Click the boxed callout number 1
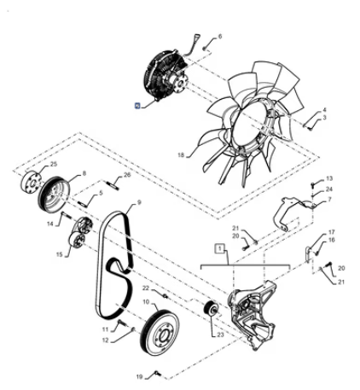point(219,248)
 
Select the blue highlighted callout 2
point(137,106)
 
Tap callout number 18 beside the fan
point(181,155)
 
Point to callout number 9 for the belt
point(139,202)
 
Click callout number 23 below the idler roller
point(221,335)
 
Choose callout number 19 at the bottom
point(139,376)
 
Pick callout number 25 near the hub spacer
point(54,164)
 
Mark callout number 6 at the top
point(219,37)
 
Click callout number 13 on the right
point(329,178)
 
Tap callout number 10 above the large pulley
point(146,301)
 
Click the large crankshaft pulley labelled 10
point(160,334)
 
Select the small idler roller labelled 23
point(211,308)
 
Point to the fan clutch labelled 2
point(165,75)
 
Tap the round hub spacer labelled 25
point(31,183)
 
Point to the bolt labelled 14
point(66,214)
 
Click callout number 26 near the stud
point(127,175)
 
